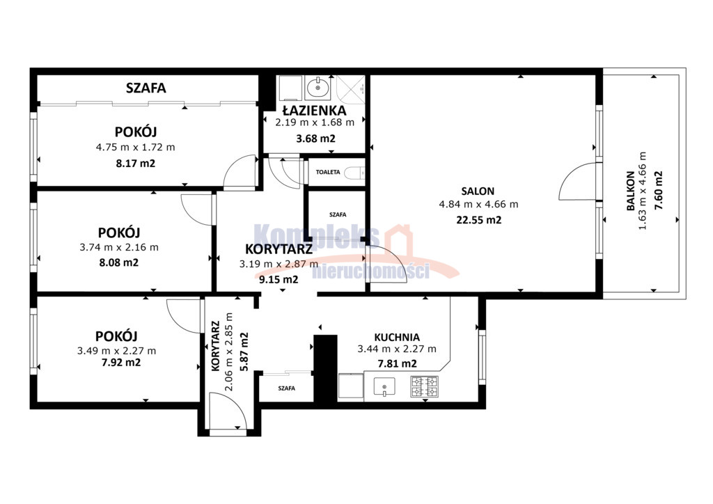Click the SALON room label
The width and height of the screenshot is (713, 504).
(478, 191)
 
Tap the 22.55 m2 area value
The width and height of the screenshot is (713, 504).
(479, 220)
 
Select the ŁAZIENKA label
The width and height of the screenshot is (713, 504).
(314, 110)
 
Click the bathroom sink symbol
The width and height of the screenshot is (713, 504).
(318, 88)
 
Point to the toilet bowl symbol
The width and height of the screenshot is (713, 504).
(354, 173)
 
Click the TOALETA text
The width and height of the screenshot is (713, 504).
(328, 172)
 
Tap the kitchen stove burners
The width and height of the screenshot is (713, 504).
(424, 386)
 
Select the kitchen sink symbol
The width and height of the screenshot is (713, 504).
(384, 387)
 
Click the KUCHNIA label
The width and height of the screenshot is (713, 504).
(397, 338)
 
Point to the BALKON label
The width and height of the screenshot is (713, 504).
(630, 191)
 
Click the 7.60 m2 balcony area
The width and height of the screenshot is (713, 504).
(658, 189)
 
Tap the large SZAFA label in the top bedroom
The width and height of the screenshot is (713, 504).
(146, 88)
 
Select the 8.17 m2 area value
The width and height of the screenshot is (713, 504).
(136, 163)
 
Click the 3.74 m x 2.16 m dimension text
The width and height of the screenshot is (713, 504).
(119, 248)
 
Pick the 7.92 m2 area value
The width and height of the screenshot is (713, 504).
(121, 363)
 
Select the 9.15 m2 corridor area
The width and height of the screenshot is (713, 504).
(279, 279)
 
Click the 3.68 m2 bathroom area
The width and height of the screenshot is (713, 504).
(315, 139)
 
